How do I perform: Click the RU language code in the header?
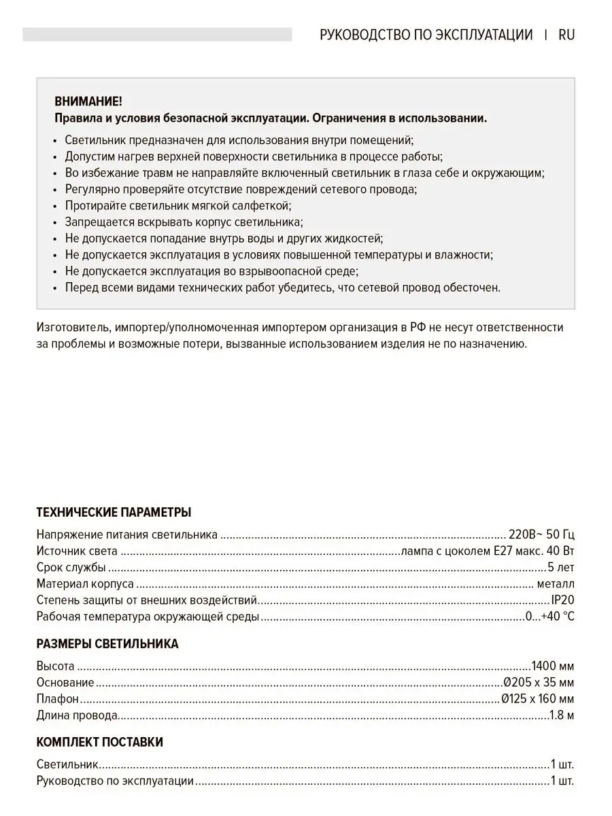[566, 35]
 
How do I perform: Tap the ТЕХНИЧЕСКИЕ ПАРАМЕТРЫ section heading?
[114, 512]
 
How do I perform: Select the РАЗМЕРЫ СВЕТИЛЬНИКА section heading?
[107, 643]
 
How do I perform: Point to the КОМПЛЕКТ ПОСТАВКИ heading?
[99, 742]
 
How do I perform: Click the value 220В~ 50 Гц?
[542, 534]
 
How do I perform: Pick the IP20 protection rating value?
[562, 600]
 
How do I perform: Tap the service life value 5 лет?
[560, 567]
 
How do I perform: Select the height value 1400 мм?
[552, 666]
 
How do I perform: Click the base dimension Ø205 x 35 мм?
[538, 682]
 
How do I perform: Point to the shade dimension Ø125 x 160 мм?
[537, 698]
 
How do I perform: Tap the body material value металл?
[556, 583]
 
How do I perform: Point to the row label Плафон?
[58, 698]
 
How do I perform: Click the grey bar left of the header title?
[157, 35]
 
